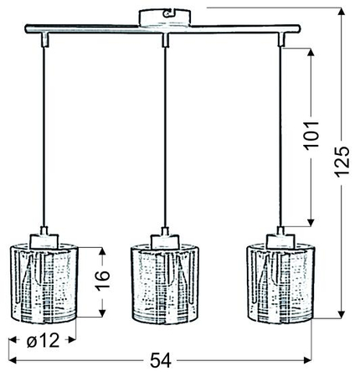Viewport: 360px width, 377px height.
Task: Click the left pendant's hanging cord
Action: pyautogui.click(x=42, y=134)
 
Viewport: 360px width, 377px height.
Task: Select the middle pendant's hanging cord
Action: pyautogui.click(x=166, y=134)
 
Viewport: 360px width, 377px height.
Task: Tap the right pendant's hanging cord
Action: pyautogui.click(x=281, y=134)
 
